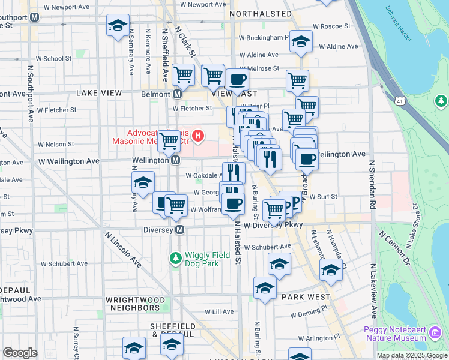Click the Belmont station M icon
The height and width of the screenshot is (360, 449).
[178, 94]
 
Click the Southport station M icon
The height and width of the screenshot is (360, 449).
[35, 17]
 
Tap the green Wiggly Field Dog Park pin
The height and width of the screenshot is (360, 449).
[175, 258]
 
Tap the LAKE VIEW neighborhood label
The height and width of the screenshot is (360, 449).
[99, 93]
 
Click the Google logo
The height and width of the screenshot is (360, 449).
[20, 353]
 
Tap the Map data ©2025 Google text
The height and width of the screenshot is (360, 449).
[411, 355]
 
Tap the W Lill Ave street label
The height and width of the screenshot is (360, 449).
[219, 311]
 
